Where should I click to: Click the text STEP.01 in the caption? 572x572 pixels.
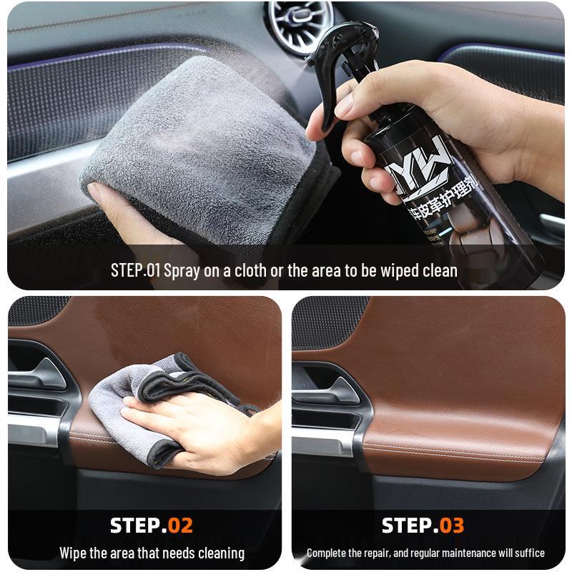(137, 271)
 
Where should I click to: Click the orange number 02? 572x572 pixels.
(180, 526)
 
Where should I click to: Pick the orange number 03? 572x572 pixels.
(451, 526)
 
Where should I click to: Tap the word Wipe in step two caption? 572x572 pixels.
(74, 553)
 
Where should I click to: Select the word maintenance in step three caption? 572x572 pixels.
(472, 553)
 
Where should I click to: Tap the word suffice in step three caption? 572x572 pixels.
(530, 553)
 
